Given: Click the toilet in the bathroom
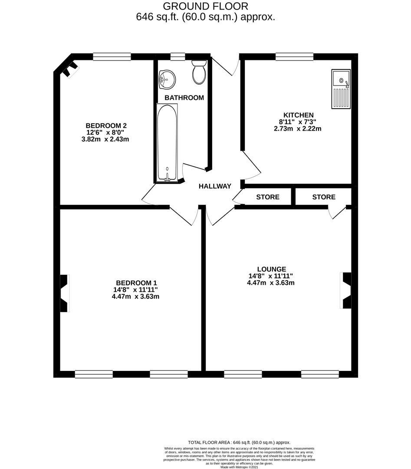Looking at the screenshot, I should point(200,73).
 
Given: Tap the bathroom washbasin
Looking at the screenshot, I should point(167,79).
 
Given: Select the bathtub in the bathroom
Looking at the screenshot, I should point(167,142).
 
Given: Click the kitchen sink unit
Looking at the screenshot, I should point(341,89).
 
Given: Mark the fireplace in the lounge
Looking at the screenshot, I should point(346,291).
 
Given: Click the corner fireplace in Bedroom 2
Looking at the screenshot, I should point(69,69).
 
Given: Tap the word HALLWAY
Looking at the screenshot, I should point(215,186).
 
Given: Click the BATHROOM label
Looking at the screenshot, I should point(184,98).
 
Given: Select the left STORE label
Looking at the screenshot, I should point(268,197).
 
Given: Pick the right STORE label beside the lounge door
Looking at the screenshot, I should point(324,197).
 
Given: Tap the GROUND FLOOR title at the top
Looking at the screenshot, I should point(205,6).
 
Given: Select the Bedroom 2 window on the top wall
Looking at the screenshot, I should point(112,56).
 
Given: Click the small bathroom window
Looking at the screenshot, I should point(178,56).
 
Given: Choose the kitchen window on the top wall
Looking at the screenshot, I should point(294,56).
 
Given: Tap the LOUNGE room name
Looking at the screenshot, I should point(271,269).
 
